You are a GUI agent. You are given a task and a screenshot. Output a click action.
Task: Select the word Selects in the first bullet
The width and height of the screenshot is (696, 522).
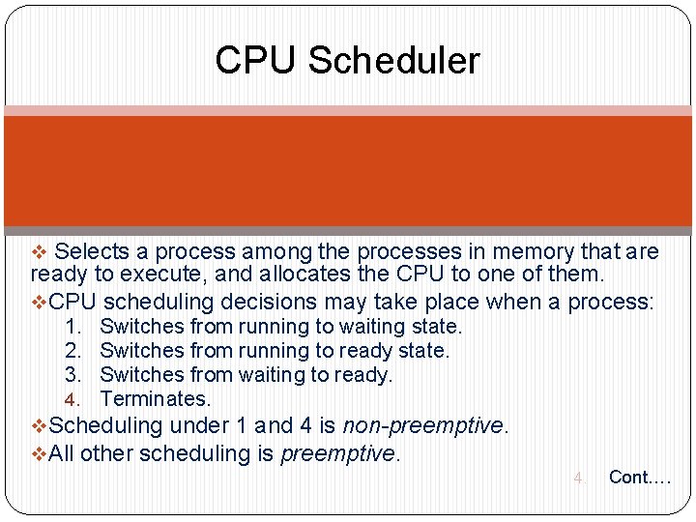[x=93, y=252]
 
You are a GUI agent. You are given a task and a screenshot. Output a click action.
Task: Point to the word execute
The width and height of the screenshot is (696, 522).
[x=147, y=275]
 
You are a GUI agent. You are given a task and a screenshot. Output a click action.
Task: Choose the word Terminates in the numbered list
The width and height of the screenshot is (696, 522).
[x=155, y=399]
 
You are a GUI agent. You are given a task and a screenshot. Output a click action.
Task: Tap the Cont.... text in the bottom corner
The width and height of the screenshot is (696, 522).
[x=639, y=477]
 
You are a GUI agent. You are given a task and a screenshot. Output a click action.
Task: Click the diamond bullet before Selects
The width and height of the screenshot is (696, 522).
[x=40, y=253]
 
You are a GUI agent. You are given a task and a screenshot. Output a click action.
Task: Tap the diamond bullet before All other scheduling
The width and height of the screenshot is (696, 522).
[x=40, y=453]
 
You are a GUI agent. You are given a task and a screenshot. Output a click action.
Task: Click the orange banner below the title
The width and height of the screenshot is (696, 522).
[x=348, y=171]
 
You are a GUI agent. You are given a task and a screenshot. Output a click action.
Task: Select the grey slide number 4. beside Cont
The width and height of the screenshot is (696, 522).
[x=579, y=478]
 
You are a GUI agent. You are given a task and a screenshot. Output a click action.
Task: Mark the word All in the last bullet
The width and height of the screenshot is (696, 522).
[x=62, y=452]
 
